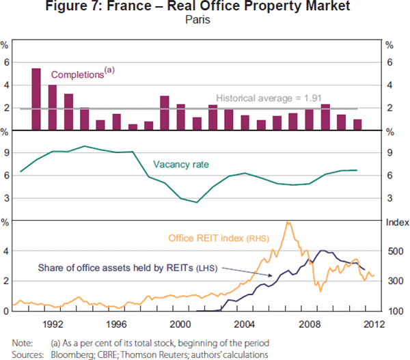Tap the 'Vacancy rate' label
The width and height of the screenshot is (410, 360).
[x=181, y=164]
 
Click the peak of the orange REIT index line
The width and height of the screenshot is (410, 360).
[x=288, y=222]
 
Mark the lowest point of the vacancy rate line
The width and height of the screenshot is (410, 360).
[x=197, y=202]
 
